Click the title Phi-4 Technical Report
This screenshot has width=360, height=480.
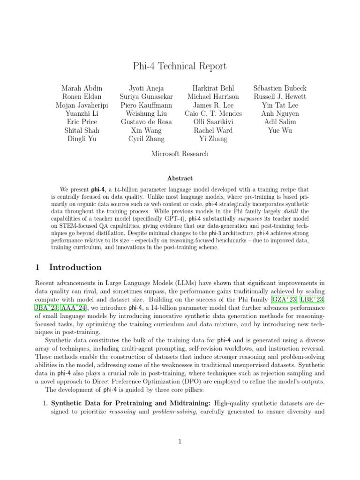coord(180,66)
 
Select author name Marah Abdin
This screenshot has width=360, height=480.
coord(82,88)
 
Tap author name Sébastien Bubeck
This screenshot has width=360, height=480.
coord(279,88)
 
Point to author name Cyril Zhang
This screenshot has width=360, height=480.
coord(146,139)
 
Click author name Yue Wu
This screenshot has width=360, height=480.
coord(279,130)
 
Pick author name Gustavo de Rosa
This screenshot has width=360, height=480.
coord(146,122)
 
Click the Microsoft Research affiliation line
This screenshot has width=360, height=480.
coord(180,153)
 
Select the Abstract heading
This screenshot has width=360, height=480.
coord(180,178)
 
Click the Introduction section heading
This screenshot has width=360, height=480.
coord(75,268)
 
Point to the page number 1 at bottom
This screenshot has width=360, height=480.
coord(180,441)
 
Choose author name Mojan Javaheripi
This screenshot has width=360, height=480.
coord(82,105)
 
